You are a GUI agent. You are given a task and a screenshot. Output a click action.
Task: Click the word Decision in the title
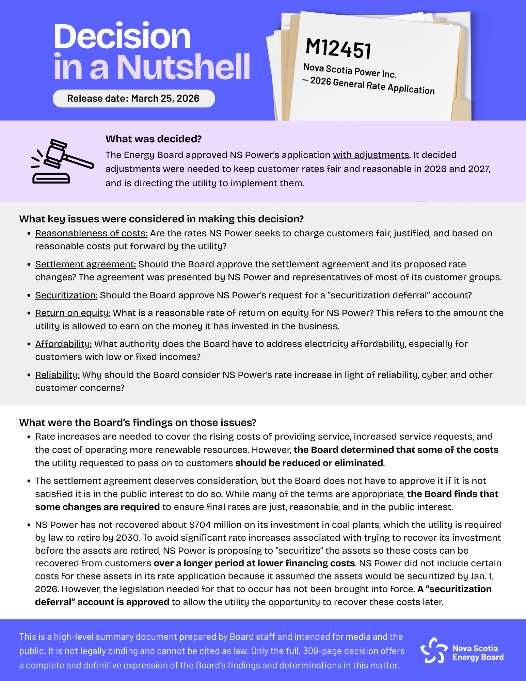tap(122, 37)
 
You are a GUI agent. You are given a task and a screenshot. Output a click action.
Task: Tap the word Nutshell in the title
tap(184, 67)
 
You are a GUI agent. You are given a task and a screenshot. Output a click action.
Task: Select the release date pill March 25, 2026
tap(133, 98)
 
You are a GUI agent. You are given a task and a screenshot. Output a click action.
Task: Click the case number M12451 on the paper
tap(338, 49)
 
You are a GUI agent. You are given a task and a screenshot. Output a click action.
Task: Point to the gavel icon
tap(61, 161)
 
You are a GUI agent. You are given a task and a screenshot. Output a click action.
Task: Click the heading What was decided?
tap(154, 139)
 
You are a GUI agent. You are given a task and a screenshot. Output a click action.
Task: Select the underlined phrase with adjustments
tap(371, 155)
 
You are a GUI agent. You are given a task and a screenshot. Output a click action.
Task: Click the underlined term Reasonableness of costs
tap(91, 233)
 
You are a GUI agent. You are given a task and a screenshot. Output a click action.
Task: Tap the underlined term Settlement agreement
tap(85, 264)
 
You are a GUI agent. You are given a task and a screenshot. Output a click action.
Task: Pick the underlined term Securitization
tap(66, 295)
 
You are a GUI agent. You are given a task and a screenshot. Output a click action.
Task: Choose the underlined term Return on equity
tap(73, 313)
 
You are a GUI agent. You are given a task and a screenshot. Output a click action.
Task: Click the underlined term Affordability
tap(63, 344)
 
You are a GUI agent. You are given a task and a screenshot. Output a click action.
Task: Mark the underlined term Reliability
tap(57, 375)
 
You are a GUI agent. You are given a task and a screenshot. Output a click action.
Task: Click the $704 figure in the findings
tap(198, 525)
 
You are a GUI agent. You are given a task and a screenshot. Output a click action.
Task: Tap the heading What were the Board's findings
tap(138, 423)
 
